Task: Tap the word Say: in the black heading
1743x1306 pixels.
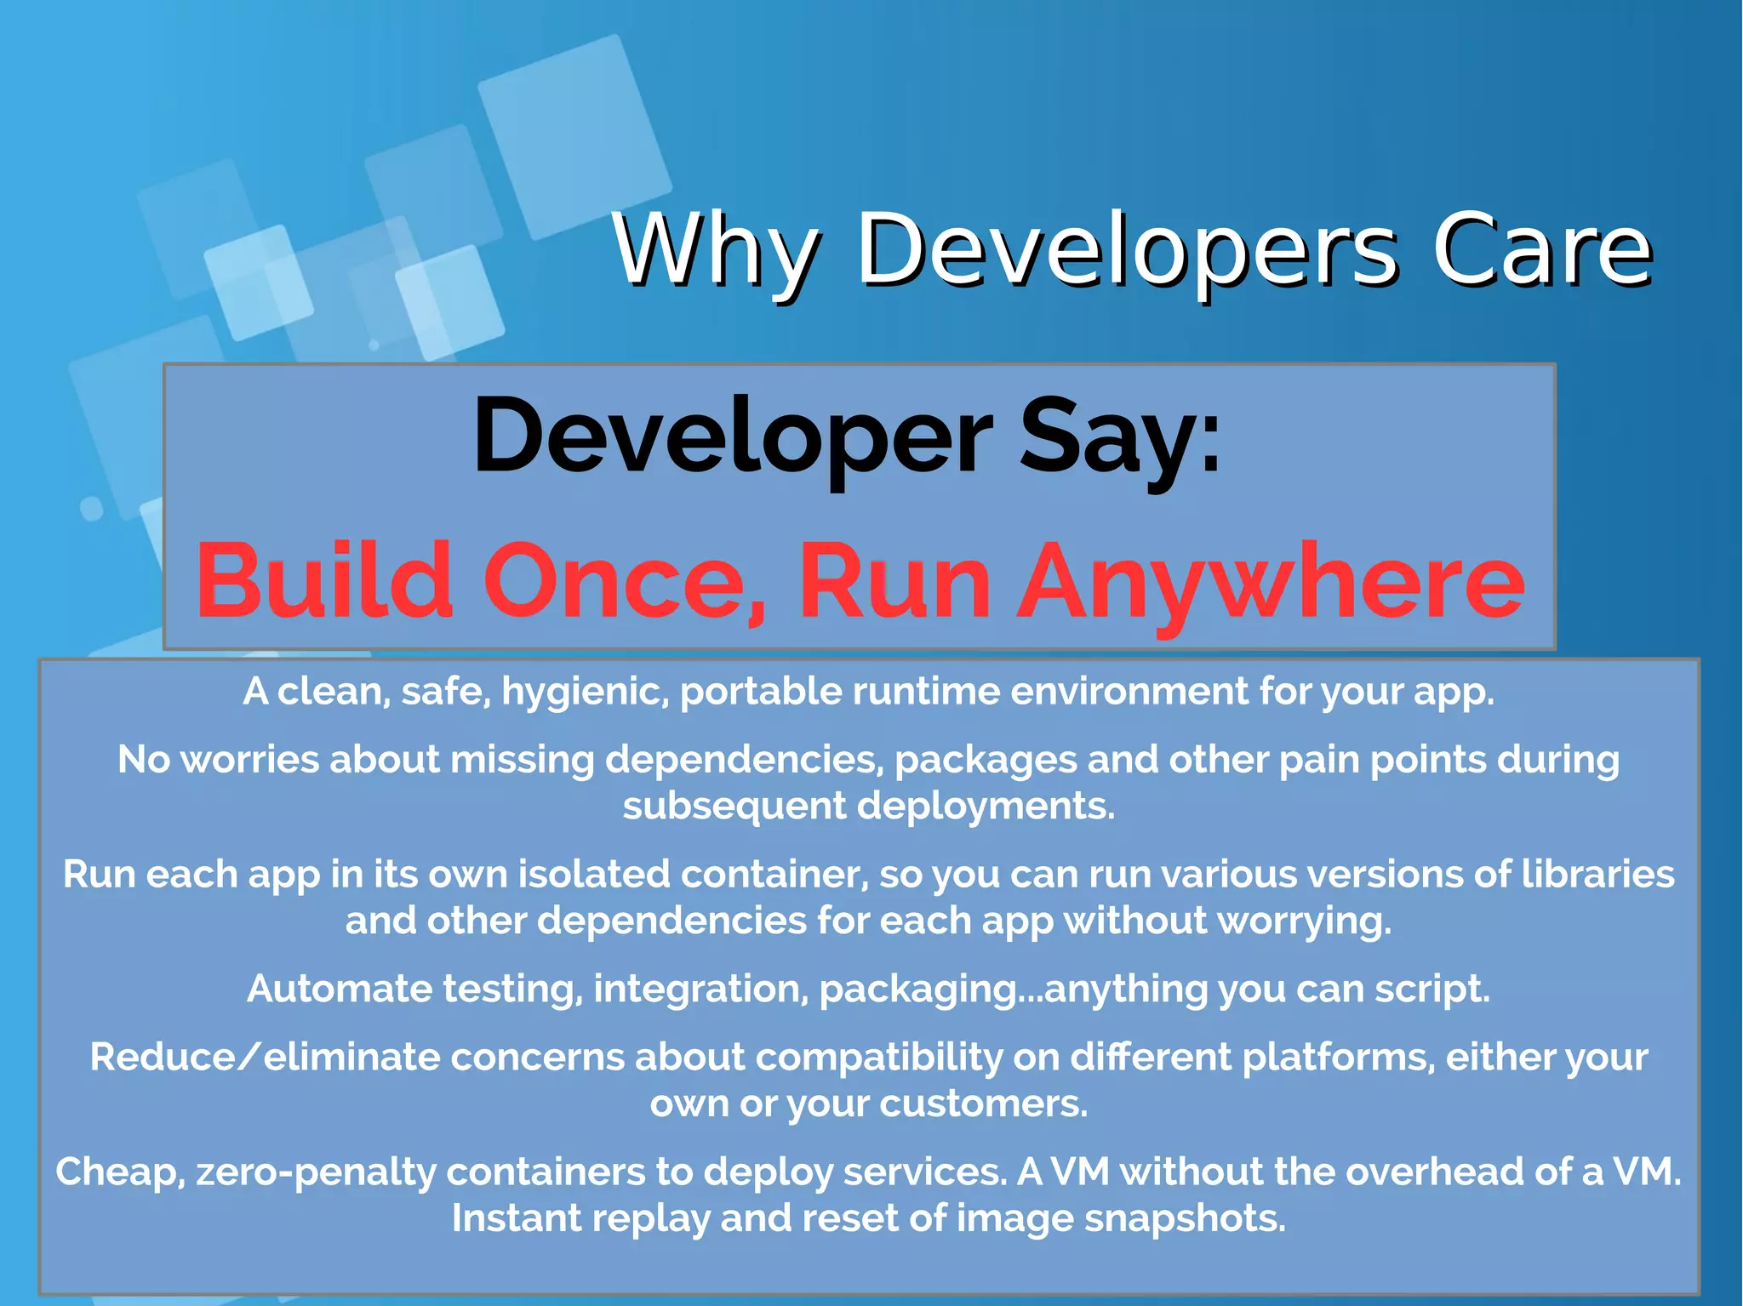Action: pyautogui.click(x=1120, y=438)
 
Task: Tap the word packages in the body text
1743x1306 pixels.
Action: pyautogui.click(x=986, y=760)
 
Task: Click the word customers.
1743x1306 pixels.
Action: pyautogui.click(x=983, y=1104)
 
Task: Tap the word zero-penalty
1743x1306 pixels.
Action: pyautogui.click(x=316, y=1172)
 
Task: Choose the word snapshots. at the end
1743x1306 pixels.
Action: pyautogui.click(x=1185, y=1218)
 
